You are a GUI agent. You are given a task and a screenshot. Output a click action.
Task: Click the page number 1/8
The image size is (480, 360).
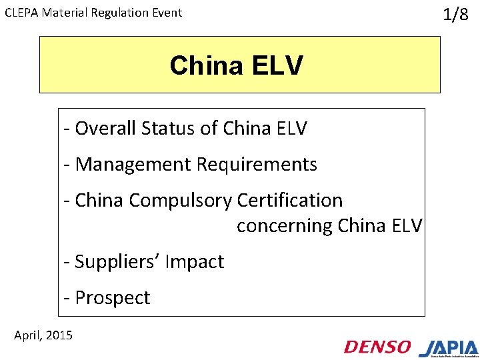(456, 15)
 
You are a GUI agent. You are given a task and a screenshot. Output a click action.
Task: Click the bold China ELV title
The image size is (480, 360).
(236, 65)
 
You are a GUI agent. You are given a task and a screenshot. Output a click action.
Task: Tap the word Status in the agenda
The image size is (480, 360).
(161, 128)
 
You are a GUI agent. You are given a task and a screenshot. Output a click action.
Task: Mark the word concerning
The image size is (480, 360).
(285, 226)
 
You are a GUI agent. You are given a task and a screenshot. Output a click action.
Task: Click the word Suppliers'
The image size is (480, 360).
(108, 262)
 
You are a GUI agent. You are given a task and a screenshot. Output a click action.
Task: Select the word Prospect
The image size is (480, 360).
(113, 298)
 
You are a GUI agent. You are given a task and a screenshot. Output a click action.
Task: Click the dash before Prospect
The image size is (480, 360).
(67, 298)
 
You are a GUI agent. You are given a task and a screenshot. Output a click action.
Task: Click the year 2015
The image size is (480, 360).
(59, 335)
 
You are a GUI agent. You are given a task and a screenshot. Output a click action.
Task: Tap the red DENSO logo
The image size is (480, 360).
(377, 347)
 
